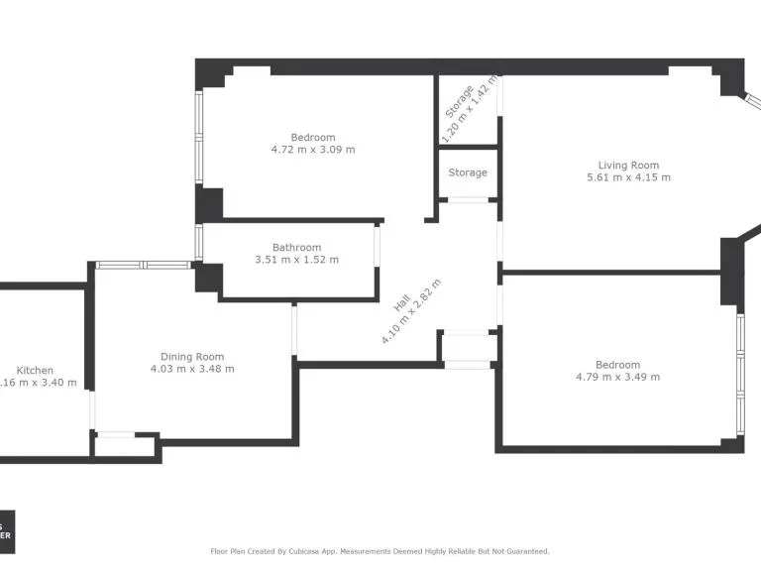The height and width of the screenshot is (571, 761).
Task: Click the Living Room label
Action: point(628,166)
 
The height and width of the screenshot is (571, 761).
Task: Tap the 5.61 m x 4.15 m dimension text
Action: point(628,178)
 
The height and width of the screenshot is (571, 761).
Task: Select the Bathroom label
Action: point(296,248)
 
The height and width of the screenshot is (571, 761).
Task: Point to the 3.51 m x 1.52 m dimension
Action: point(296,260)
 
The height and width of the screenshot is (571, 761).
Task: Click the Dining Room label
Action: point(192,357)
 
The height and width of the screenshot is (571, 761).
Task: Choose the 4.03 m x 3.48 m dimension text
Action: point(192,369)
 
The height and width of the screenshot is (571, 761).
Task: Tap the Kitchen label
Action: point(35,370)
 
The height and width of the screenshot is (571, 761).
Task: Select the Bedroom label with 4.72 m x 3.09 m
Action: point(313,138)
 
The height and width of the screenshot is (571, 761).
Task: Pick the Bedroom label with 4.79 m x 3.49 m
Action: point(617,365)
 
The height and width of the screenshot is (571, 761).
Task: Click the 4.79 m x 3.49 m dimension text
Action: point(617,377)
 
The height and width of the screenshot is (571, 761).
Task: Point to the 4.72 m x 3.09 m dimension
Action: point(313,150)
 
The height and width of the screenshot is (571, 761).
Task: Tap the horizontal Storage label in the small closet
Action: point(468,172)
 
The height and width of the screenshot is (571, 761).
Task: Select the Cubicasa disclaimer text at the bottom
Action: point(380,551)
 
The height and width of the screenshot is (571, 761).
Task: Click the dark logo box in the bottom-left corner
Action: point(7,530)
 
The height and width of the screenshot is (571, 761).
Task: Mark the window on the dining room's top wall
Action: point(145,265)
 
